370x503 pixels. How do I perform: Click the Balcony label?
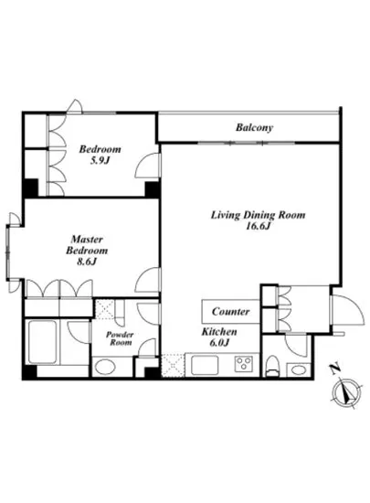(x=254, y=128)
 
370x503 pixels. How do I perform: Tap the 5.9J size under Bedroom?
(x=100, y=160)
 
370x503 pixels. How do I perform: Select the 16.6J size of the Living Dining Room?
(x=259, y=226)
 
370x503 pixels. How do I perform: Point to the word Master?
(x=87, y=240)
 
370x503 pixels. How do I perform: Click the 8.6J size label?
(x=87, y=262)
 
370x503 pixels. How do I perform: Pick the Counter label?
(x=230, y=312)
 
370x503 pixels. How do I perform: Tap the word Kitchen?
(x=219, y=332)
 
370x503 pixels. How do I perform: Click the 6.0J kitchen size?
(x=219, y=343)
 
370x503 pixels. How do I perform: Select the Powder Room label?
(x=120, y=338)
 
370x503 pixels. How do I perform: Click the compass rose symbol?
(x=346, y=392)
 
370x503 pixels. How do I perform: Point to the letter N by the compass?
(x=335, y=369)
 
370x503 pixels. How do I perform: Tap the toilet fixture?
(x=273, y=366)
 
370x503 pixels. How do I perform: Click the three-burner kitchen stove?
(x=243, y=364)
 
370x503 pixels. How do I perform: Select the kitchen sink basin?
(x=205, y=365)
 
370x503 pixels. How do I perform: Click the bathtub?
(x=42, y=342)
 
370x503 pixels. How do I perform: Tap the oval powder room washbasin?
(x=106, y=367)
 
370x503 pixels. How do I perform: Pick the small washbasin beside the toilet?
(x=298, y=369)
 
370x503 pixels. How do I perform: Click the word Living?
(x=226, y=215)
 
